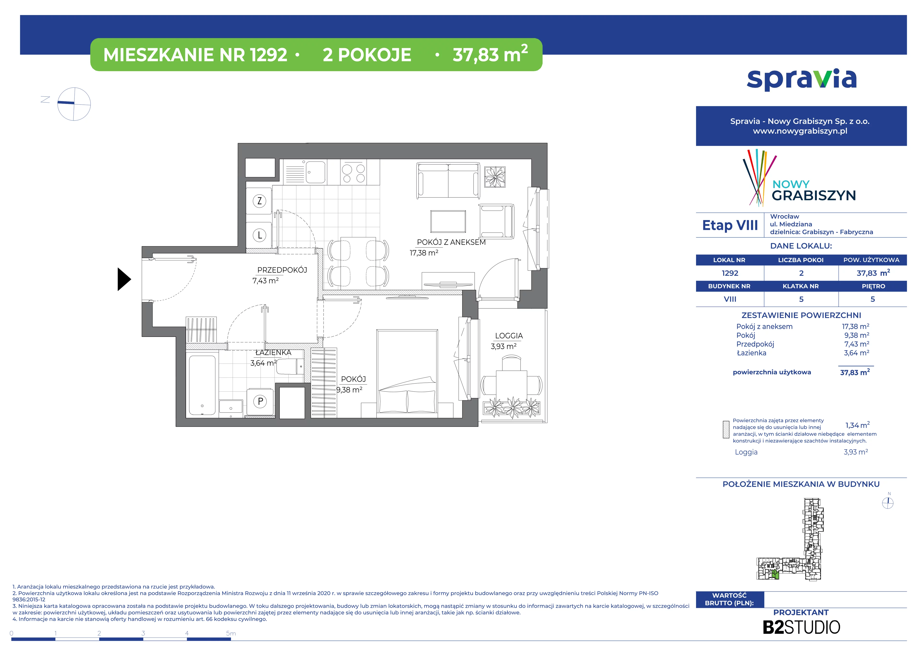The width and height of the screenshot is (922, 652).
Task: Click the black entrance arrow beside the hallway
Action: tap(124, 279)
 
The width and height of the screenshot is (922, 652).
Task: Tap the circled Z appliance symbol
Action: tap(259, 201)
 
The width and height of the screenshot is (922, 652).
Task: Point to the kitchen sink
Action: tap(316, 172)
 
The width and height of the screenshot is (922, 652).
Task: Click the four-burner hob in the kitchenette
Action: tap(353, 173)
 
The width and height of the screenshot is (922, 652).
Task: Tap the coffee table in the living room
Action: tap(448, 221)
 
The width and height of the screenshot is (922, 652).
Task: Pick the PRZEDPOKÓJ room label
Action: tap(282, 270)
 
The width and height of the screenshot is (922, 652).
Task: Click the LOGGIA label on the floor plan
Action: tap(509, 336)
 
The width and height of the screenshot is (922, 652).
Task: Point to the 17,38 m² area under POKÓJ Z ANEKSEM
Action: tap(424, 253)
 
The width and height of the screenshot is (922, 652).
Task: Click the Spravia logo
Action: tap(801, 79)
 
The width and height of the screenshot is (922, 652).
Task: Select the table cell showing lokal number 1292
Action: tap(730, 273)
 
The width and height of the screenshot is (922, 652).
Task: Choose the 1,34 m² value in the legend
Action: tap(857, 425)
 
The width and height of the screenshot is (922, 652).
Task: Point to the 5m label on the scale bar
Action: tap(231, 633)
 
